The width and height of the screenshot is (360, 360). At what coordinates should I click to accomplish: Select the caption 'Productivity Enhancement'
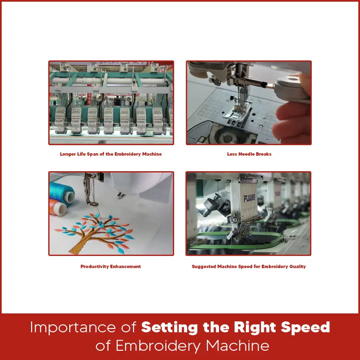[111, 266]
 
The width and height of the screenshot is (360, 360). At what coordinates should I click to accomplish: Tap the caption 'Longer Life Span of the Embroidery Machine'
[111, 154]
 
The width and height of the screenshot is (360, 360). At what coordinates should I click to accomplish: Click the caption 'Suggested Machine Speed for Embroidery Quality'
[249, 266]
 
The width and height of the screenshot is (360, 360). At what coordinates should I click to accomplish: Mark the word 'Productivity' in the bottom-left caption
[94, 266]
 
